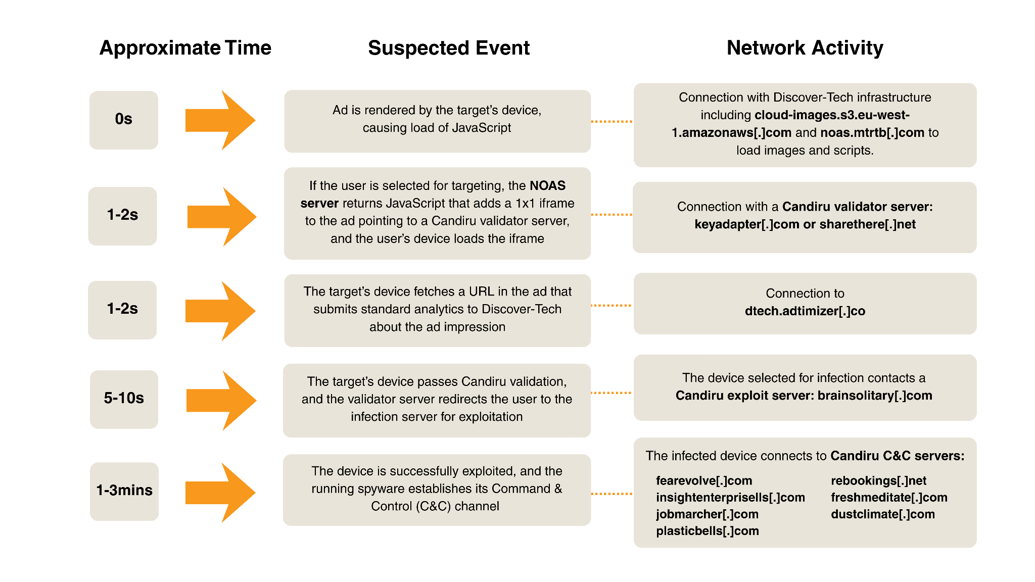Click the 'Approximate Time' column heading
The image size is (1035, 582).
click(185, 48)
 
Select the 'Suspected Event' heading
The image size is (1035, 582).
click(449, 48)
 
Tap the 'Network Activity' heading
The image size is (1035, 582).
click(805, 48)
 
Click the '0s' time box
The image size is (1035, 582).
click(124, 120)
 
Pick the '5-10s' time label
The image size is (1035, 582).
click(124, 398)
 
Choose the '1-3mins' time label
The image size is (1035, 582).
click(124, 490)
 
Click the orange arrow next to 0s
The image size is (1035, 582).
click(220, 120)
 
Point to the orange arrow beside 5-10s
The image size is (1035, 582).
click(221, 400)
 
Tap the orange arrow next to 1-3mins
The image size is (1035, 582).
click(220, 493)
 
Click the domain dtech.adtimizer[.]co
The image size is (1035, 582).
click(805, 311)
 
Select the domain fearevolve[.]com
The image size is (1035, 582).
click(704, 481)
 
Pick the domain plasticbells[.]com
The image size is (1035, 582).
click(708, 531)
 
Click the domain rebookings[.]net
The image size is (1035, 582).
click(879, 481)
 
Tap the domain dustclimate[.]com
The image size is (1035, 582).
click(883, 514)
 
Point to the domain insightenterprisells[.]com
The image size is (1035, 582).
click(730, 498)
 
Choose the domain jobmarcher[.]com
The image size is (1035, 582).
click(708, 514)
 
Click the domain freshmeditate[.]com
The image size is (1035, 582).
click(889, 498)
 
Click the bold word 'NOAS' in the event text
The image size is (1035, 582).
click(547, 186)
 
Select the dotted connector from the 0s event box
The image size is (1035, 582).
click(612, 122)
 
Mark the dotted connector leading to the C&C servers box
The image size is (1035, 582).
click(612, 494)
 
